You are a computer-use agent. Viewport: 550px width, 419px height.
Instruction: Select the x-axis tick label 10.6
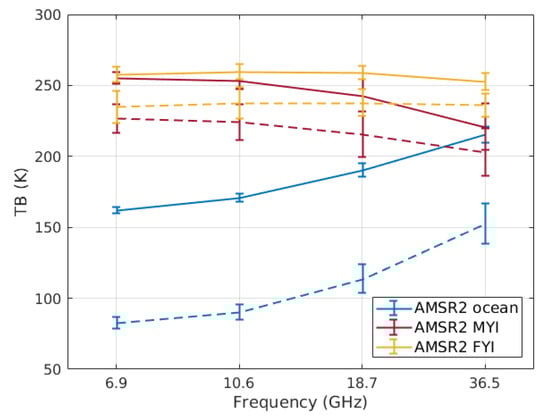(x=238, y=384)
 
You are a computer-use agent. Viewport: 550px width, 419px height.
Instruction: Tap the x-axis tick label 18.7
(x=362, y=384)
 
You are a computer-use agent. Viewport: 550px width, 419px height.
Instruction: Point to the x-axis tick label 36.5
(x=485, y=384)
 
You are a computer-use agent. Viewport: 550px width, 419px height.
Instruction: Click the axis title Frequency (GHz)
(x=300, y=403)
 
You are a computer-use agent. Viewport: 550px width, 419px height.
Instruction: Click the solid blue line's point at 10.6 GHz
(x=239, y=198)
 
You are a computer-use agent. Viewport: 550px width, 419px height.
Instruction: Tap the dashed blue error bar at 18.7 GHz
(x=362, y=278)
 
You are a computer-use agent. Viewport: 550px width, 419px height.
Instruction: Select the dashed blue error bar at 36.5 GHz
(x=485, y=223)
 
